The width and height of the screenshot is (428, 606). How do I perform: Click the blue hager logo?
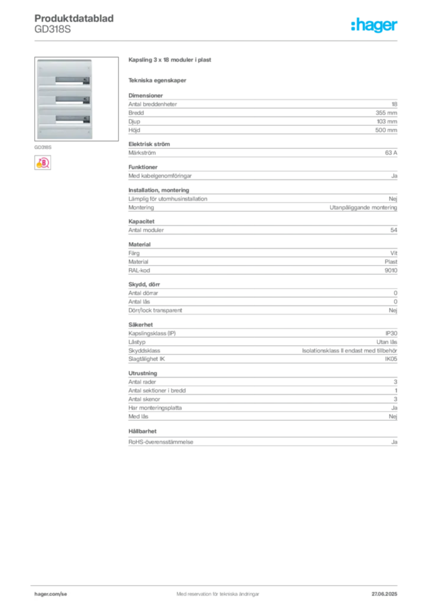375,26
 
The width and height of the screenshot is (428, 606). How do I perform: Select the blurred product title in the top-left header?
76,18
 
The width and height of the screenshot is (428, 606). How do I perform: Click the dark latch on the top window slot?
86,81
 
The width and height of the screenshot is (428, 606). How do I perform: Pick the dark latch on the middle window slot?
86,100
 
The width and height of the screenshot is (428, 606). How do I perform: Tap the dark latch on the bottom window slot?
86,119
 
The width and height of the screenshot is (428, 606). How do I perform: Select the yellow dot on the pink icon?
38,166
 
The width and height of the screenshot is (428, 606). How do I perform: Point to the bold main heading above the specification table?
170,61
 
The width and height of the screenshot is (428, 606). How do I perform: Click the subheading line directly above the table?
158,80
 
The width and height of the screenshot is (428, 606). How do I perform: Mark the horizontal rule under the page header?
218,40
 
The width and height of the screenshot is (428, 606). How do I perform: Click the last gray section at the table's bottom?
262,441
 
